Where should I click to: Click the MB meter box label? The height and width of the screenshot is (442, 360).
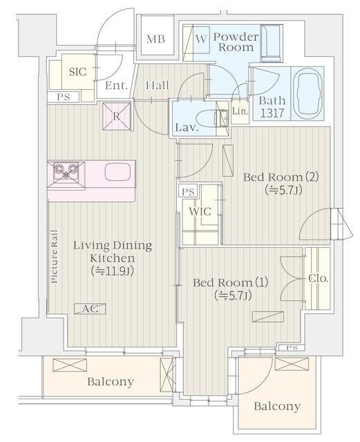coord(155,39)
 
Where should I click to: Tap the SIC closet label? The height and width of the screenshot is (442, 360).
coord(77,72)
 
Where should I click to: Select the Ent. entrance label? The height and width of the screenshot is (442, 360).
coord(116,86)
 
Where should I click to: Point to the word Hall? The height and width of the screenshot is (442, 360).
coord(158,85)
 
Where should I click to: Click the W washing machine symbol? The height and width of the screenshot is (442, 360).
coord(201,39)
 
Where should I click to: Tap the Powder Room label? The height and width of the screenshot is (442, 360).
coord(236,42)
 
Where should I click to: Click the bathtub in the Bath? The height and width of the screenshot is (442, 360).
coord(307,94)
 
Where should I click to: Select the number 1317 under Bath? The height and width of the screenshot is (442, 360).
coord(272,113)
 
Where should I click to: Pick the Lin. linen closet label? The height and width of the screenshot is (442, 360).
coord(240,111)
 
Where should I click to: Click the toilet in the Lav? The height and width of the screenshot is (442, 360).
coord(211,119)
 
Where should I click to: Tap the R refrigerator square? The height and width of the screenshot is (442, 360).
coord(117,116)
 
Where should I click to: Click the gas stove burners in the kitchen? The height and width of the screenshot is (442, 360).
coord(66,171)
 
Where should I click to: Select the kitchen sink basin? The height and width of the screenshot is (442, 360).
coord(117,172)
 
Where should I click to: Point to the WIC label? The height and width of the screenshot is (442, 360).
coord(200,211)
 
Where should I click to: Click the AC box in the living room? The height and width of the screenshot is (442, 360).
coord(90,309)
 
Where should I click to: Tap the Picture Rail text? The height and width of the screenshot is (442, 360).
coord(54,256)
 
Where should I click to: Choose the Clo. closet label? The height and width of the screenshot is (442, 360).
coord(319,278)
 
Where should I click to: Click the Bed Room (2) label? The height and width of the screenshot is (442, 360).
coord(281,177)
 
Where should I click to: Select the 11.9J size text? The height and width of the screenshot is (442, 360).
coord(112,271)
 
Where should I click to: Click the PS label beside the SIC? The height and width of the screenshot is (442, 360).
coord(64,97)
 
